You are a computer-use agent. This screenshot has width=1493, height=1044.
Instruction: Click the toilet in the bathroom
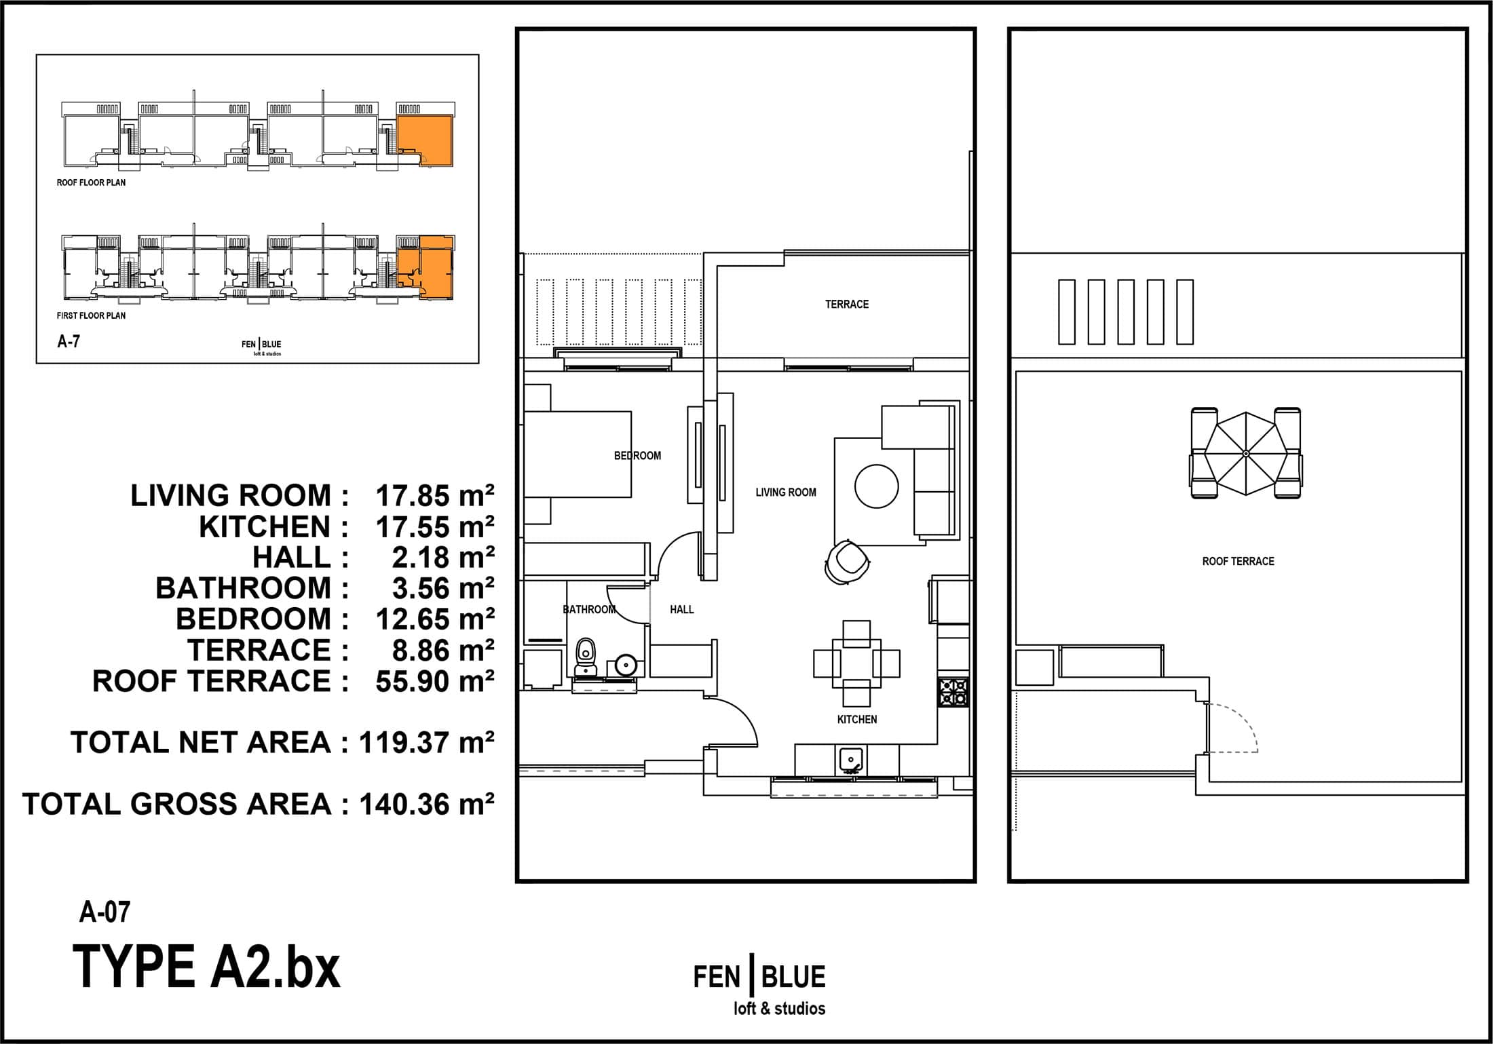tap(585, 657)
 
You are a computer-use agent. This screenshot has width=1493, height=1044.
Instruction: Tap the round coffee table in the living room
tap(876, 486)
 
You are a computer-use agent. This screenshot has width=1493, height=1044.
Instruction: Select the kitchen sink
tap(851, 760)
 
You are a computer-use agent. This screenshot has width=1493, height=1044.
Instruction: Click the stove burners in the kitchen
tap(953, 693)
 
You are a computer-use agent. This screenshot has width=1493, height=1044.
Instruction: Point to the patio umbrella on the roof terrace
tap(1245, 452)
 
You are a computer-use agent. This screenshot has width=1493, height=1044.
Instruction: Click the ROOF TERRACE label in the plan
tap(1238, 561)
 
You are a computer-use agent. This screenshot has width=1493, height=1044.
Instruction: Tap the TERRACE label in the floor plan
tap(846, 304)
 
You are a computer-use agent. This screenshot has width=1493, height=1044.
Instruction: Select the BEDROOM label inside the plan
tap(637, 455)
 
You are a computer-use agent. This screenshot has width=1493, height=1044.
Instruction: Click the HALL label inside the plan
tap(681, 609)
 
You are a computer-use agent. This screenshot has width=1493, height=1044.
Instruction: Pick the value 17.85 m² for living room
tap(435, 496)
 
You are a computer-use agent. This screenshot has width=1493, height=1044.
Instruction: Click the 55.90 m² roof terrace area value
tap(435, 681)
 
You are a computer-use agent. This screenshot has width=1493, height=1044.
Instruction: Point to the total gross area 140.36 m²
tap(427, 804)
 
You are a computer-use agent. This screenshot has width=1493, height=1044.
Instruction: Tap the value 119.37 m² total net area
tap(427, 742)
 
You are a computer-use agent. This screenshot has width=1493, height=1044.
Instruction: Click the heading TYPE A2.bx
tap(206, 967)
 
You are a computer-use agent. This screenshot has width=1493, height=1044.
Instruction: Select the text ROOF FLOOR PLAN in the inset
tap(91, 182)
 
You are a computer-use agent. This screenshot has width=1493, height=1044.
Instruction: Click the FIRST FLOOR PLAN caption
tap(91, 315)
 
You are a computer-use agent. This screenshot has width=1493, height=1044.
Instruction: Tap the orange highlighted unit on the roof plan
tap(425, 140)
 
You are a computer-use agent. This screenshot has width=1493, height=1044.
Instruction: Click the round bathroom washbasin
tap(625, 664)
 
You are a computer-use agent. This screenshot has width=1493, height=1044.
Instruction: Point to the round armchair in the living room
tap(847, 561)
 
